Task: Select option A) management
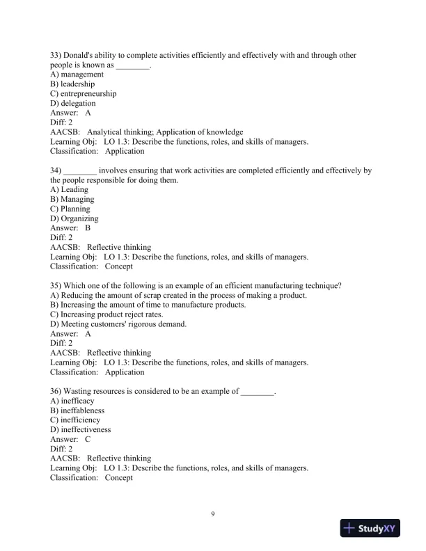pos(77,74)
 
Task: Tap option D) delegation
pos(73,104)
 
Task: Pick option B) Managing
pos(72,199)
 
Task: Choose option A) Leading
pos(70,189)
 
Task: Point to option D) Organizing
pos(74,218)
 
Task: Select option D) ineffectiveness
pos(80,430)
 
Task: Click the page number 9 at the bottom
pos(213,514)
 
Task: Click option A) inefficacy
pos(72,401)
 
